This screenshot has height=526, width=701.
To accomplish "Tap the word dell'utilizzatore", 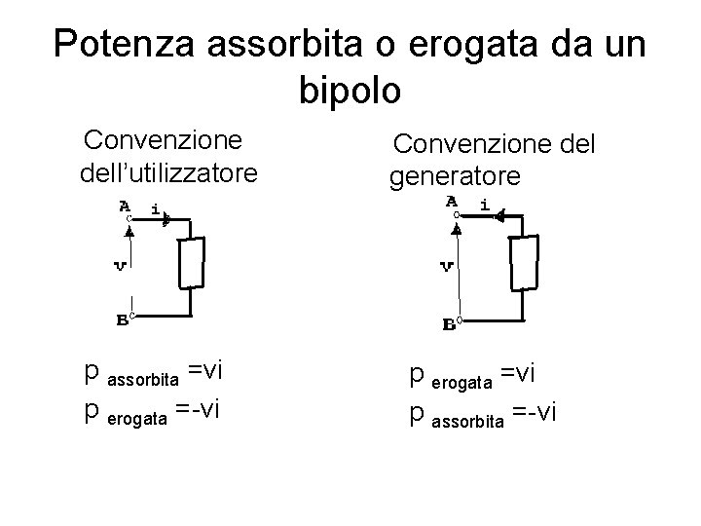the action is tap(169, 174).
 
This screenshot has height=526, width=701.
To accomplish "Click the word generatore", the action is tap(456, 176).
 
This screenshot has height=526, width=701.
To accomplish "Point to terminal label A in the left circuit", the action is tap(125, 206).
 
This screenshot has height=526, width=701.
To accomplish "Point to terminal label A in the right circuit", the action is tap(452, 202).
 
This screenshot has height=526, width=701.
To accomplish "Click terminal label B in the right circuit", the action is tap(450, 324).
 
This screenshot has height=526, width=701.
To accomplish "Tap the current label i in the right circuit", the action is tap(484, 206).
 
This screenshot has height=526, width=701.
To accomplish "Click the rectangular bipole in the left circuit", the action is tap(192, 263).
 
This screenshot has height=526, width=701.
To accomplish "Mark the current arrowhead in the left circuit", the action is tap(166, 220).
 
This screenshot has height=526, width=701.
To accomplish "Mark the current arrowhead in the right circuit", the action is tap(498, 219).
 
